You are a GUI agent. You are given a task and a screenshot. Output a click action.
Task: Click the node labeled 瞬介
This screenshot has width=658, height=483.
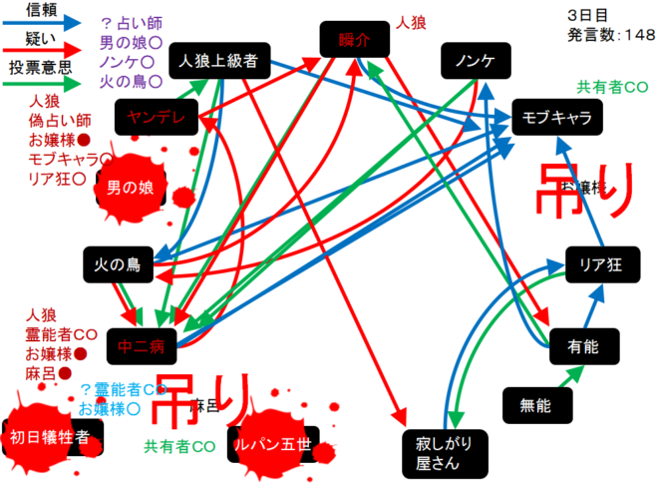[x=354, y=41]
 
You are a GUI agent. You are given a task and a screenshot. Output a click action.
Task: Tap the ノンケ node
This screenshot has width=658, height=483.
[x=476, y=62]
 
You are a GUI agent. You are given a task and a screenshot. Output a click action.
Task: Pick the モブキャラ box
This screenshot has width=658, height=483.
[x=557, y=118]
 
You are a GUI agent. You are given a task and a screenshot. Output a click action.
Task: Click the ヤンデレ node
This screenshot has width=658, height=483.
[x=158, y=117]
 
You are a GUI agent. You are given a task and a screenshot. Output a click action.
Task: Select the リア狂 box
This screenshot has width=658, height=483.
[x=600, y=264]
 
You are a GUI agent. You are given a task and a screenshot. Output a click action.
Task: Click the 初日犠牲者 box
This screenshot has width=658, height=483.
[x=50, y=436]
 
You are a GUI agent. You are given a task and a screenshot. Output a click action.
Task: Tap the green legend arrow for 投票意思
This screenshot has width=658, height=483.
[x=44, y=84]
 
